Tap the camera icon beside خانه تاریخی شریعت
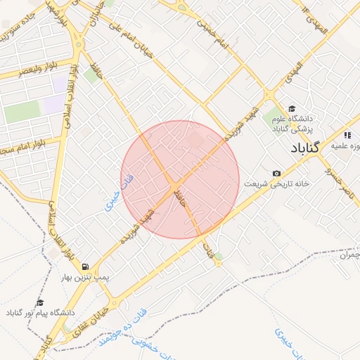pyautogui.click(x=276, y=173)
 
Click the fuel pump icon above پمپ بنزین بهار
pyautogui.click(x=85, y=267)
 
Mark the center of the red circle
pyautogui.click(x=180, y=179)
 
